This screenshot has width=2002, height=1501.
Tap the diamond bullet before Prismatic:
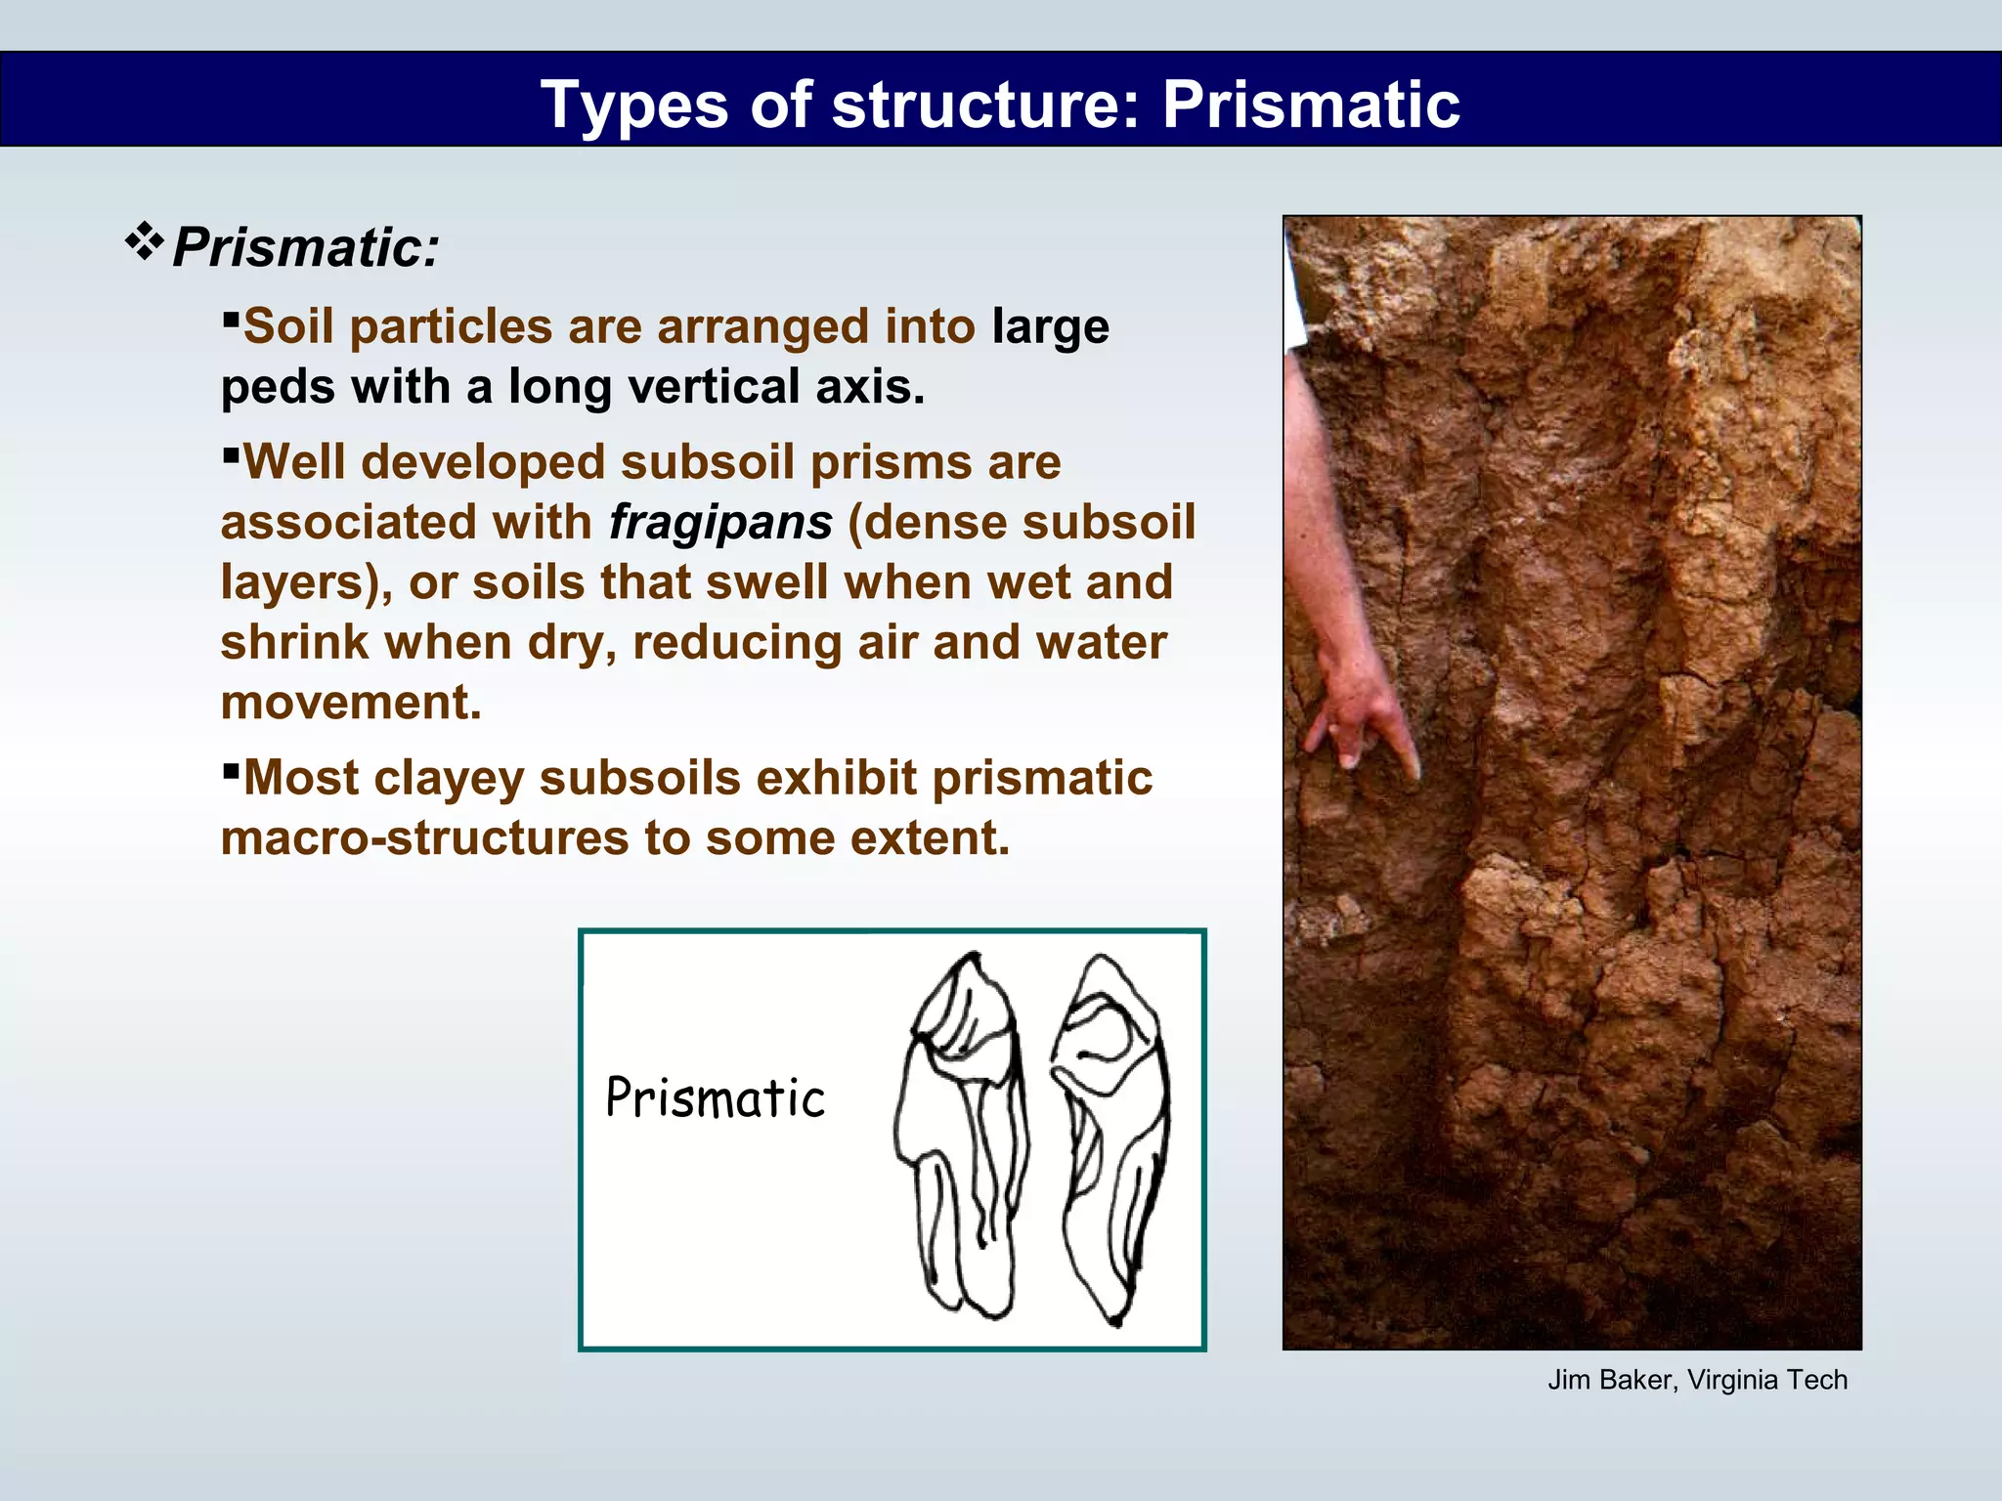point(144,241)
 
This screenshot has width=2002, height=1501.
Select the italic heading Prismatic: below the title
point(306,247)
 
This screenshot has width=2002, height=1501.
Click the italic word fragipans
point(720,522)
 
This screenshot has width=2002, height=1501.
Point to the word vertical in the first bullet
point(713,386)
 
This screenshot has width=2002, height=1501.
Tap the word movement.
point(351,703)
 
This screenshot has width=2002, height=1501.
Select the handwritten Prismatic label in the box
point(715,1098)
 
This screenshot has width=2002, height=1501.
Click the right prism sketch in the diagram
point(1111,1138)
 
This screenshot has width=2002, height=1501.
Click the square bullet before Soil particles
point(231,318)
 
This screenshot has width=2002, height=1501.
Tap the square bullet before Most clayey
point(231,770)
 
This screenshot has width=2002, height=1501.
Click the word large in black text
point(1050,326)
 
